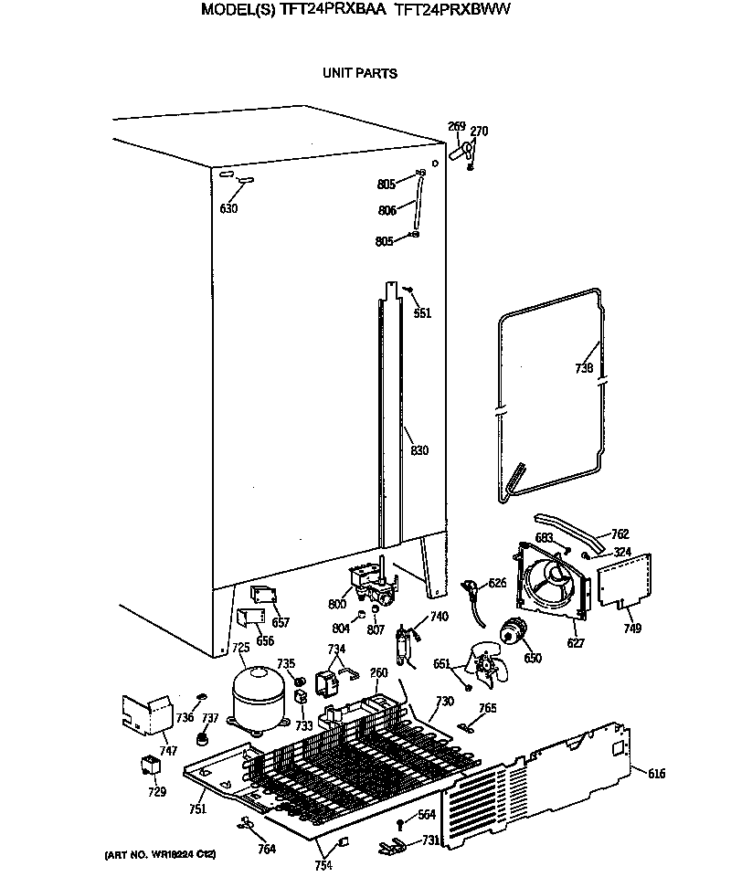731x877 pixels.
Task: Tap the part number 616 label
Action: click(656, 775)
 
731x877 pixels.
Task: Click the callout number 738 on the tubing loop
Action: click(585, 369)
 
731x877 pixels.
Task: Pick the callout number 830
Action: click(418, 450)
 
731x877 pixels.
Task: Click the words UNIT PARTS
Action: click(359, 73)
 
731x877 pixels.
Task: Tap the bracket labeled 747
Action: click(146, 714)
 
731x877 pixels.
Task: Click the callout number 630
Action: click(228, 208)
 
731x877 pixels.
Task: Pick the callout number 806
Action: click(387, 210)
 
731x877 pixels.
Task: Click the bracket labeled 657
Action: click(265, 597)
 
